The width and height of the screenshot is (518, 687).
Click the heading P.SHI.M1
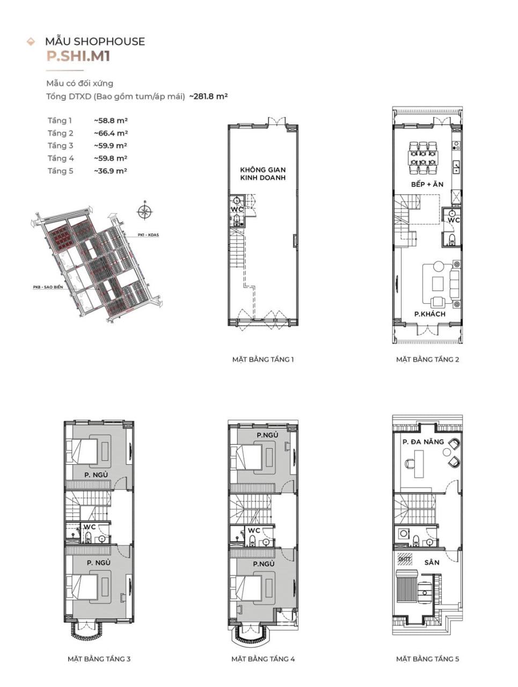pos(78,57)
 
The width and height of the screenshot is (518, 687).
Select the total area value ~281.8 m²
pos(208,97)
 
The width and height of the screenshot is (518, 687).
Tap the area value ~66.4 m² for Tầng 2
pos(111,133)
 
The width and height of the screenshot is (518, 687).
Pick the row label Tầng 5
pos(60,171)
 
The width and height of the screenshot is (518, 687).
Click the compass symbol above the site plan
pos(144,211)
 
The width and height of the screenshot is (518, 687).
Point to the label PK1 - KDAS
pos(149,235)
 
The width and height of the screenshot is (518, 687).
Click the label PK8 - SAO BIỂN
pos(48,287)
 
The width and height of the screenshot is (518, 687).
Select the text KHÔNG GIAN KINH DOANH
pos(262,173)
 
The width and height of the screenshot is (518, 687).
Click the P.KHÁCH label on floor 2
pos(429,314)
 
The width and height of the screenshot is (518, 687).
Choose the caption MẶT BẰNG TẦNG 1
pos(263,360)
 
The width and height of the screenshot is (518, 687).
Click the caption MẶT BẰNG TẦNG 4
pos(263,659)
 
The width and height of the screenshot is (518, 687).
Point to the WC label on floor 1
pos(237,209)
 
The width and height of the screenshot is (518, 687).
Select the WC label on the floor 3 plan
pos(90,527)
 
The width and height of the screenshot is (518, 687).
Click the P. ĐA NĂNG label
pos(423,442)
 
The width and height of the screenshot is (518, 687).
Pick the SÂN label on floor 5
pos(432,562)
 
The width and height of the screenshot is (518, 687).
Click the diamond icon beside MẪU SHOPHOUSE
pos(31,42)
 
